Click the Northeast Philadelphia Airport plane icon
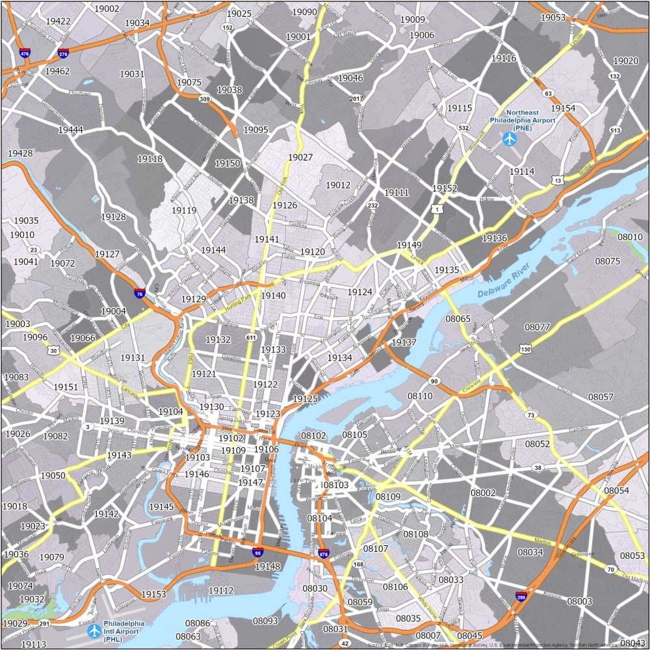point(508,138)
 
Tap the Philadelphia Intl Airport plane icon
point(94,630)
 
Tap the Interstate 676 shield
point(324,554)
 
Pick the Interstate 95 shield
point(257,552)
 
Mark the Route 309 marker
point(205,99)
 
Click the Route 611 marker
point(251,337)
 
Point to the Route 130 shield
point(525,350)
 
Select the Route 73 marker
point(531,415)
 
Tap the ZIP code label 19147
point(250,482)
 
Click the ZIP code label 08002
point(483,493)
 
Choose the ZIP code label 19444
point(70,130)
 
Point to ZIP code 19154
point(563,108)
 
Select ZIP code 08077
point(538,327)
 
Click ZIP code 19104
point(170,411)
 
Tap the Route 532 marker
point(463,128)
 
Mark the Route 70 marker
point(610,569)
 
